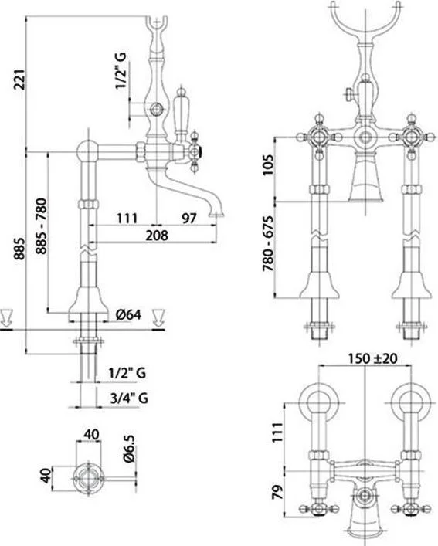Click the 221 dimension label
coord(19,80)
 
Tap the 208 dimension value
coord(157,236)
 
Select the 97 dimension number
coord(189,219)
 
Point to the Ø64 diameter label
coord(128,315)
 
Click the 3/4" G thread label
coord(128,397)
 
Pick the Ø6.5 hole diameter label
coord(128,449)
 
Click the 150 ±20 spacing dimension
coord(372,358)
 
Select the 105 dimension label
coord(269,165)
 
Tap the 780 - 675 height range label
coord(269,244)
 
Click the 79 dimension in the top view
coord(277,493)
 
